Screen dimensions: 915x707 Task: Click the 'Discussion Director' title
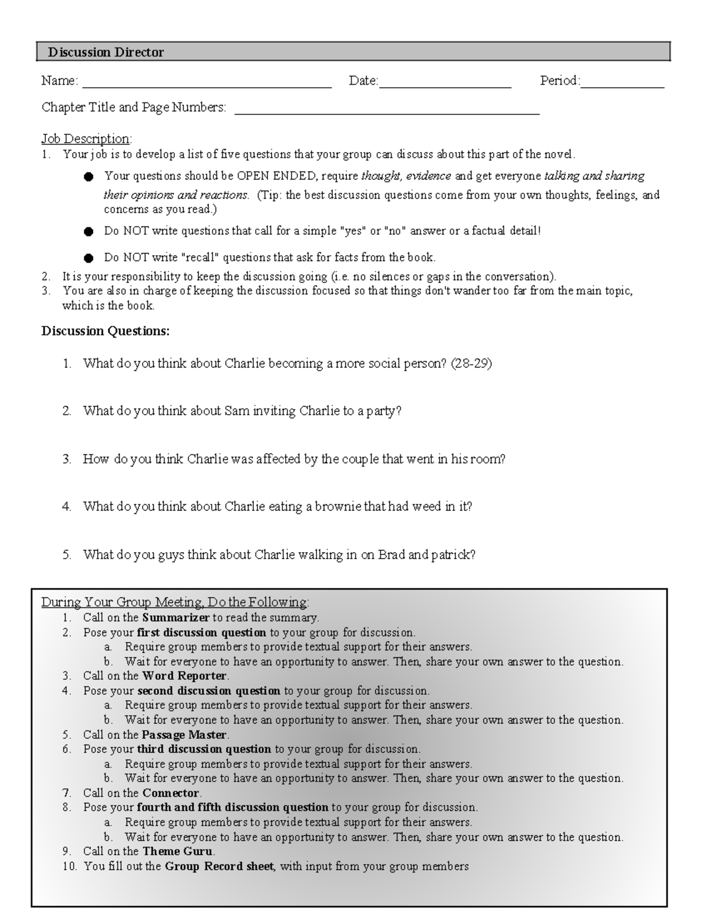coord(106,52)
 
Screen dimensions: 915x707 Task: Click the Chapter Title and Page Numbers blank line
coord(387,112)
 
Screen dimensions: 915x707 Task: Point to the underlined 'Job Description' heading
coord(85,139)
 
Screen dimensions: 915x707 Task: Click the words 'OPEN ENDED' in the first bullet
coord(277,176)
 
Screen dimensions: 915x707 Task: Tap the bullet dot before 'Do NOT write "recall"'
coord(88,258)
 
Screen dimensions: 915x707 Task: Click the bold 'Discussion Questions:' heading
coord(105,331)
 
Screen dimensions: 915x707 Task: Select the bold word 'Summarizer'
coord(176,618)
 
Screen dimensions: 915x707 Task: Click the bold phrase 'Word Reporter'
coord(184,676)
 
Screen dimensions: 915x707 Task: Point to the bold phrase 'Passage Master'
coord(184,735)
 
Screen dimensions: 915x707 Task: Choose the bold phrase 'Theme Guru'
coord(178,851)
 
